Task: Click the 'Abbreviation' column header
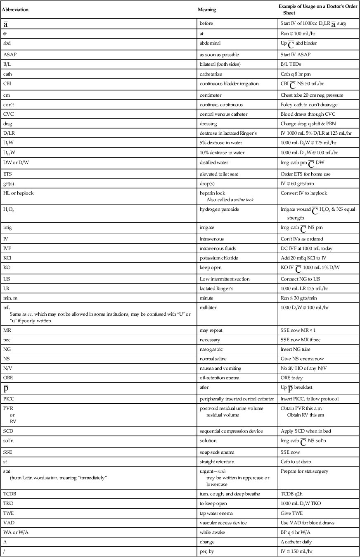(x=15, y=10)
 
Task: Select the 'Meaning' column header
(x=207, y=10)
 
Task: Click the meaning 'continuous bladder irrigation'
(x=229, y=84)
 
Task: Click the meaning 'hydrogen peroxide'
(x=219, y=209)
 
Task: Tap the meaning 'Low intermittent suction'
(x=225, y=279)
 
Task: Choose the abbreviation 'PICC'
(x=9, y=399)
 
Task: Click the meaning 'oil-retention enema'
(x=220, y=378)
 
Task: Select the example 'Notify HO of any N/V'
(x=304, y=368)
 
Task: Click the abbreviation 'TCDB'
(x=9, y=493)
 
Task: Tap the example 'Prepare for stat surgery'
(x=305, y=471)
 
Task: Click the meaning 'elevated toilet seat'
(x=220, y=174)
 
